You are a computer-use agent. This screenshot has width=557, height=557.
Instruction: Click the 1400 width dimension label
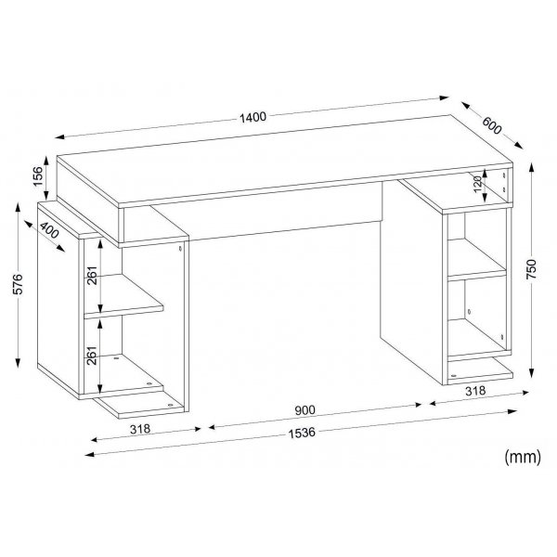click(x=253, y=117)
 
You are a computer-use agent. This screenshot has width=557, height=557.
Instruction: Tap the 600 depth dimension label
click(x=492, y=125)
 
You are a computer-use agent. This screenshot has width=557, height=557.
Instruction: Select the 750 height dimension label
click(x=531, y=269)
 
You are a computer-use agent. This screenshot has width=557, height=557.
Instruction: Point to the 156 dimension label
click(x=38, y=176)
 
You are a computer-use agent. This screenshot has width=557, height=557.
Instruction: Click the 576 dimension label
click(x=18, y=284)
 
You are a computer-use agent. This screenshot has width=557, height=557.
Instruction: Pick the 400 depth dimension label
click(x=49, y=230)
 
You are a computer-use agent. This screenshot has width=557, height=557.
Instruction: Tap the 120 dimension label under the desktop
click(x=478, y=185)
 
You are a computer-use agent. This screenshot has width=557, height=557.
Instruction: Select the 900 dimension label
click(x=304, y=410)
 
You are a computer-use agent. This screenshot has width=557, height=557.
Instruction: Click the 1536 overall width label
click(x=302, y=433)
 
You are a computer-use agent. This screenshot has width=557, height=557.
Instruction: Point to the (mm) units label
click(x=523, y=457)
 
